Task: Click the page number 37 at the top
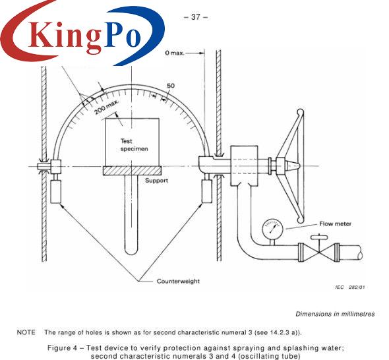196,17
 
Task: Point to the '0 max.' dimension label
175,53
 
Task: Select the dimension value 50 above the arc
171,86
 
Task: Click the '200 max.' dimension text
107,107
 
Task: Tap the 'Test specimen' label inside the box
134,145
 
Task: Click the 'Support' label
156,181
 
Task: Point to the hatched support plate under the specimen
133,171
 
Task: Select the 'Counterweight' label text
178,281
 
